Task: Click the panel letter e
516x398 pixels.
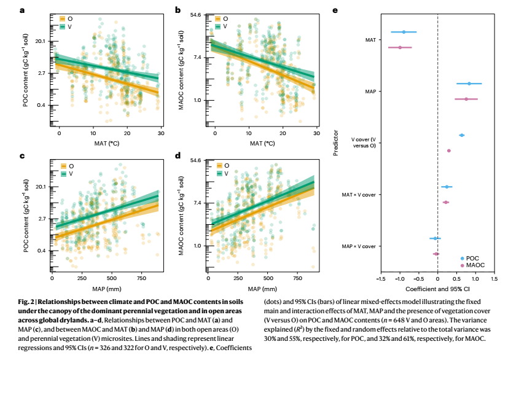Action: click(x=334, y=10)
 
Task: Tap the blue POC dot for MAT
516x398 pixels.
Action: click(x=404, y=32)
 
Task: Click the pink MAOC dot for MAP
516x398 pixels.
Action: click(x=466, y=99)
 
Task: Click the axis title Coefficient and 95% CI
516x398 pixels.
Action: click(x=437, y=288)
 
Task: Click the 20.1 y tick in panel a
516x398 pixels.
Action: click(x=40, y=41)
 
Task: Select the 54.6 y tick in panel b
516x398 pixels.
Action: click(x=195, y=14)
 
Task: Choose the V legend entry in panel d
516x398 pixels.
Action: click(x=221, y=174)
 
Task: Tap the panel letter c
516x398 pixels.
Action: click(x=23, y=156)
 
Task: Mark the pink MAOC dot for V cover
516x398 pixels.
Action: click(x=448, y=150)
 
